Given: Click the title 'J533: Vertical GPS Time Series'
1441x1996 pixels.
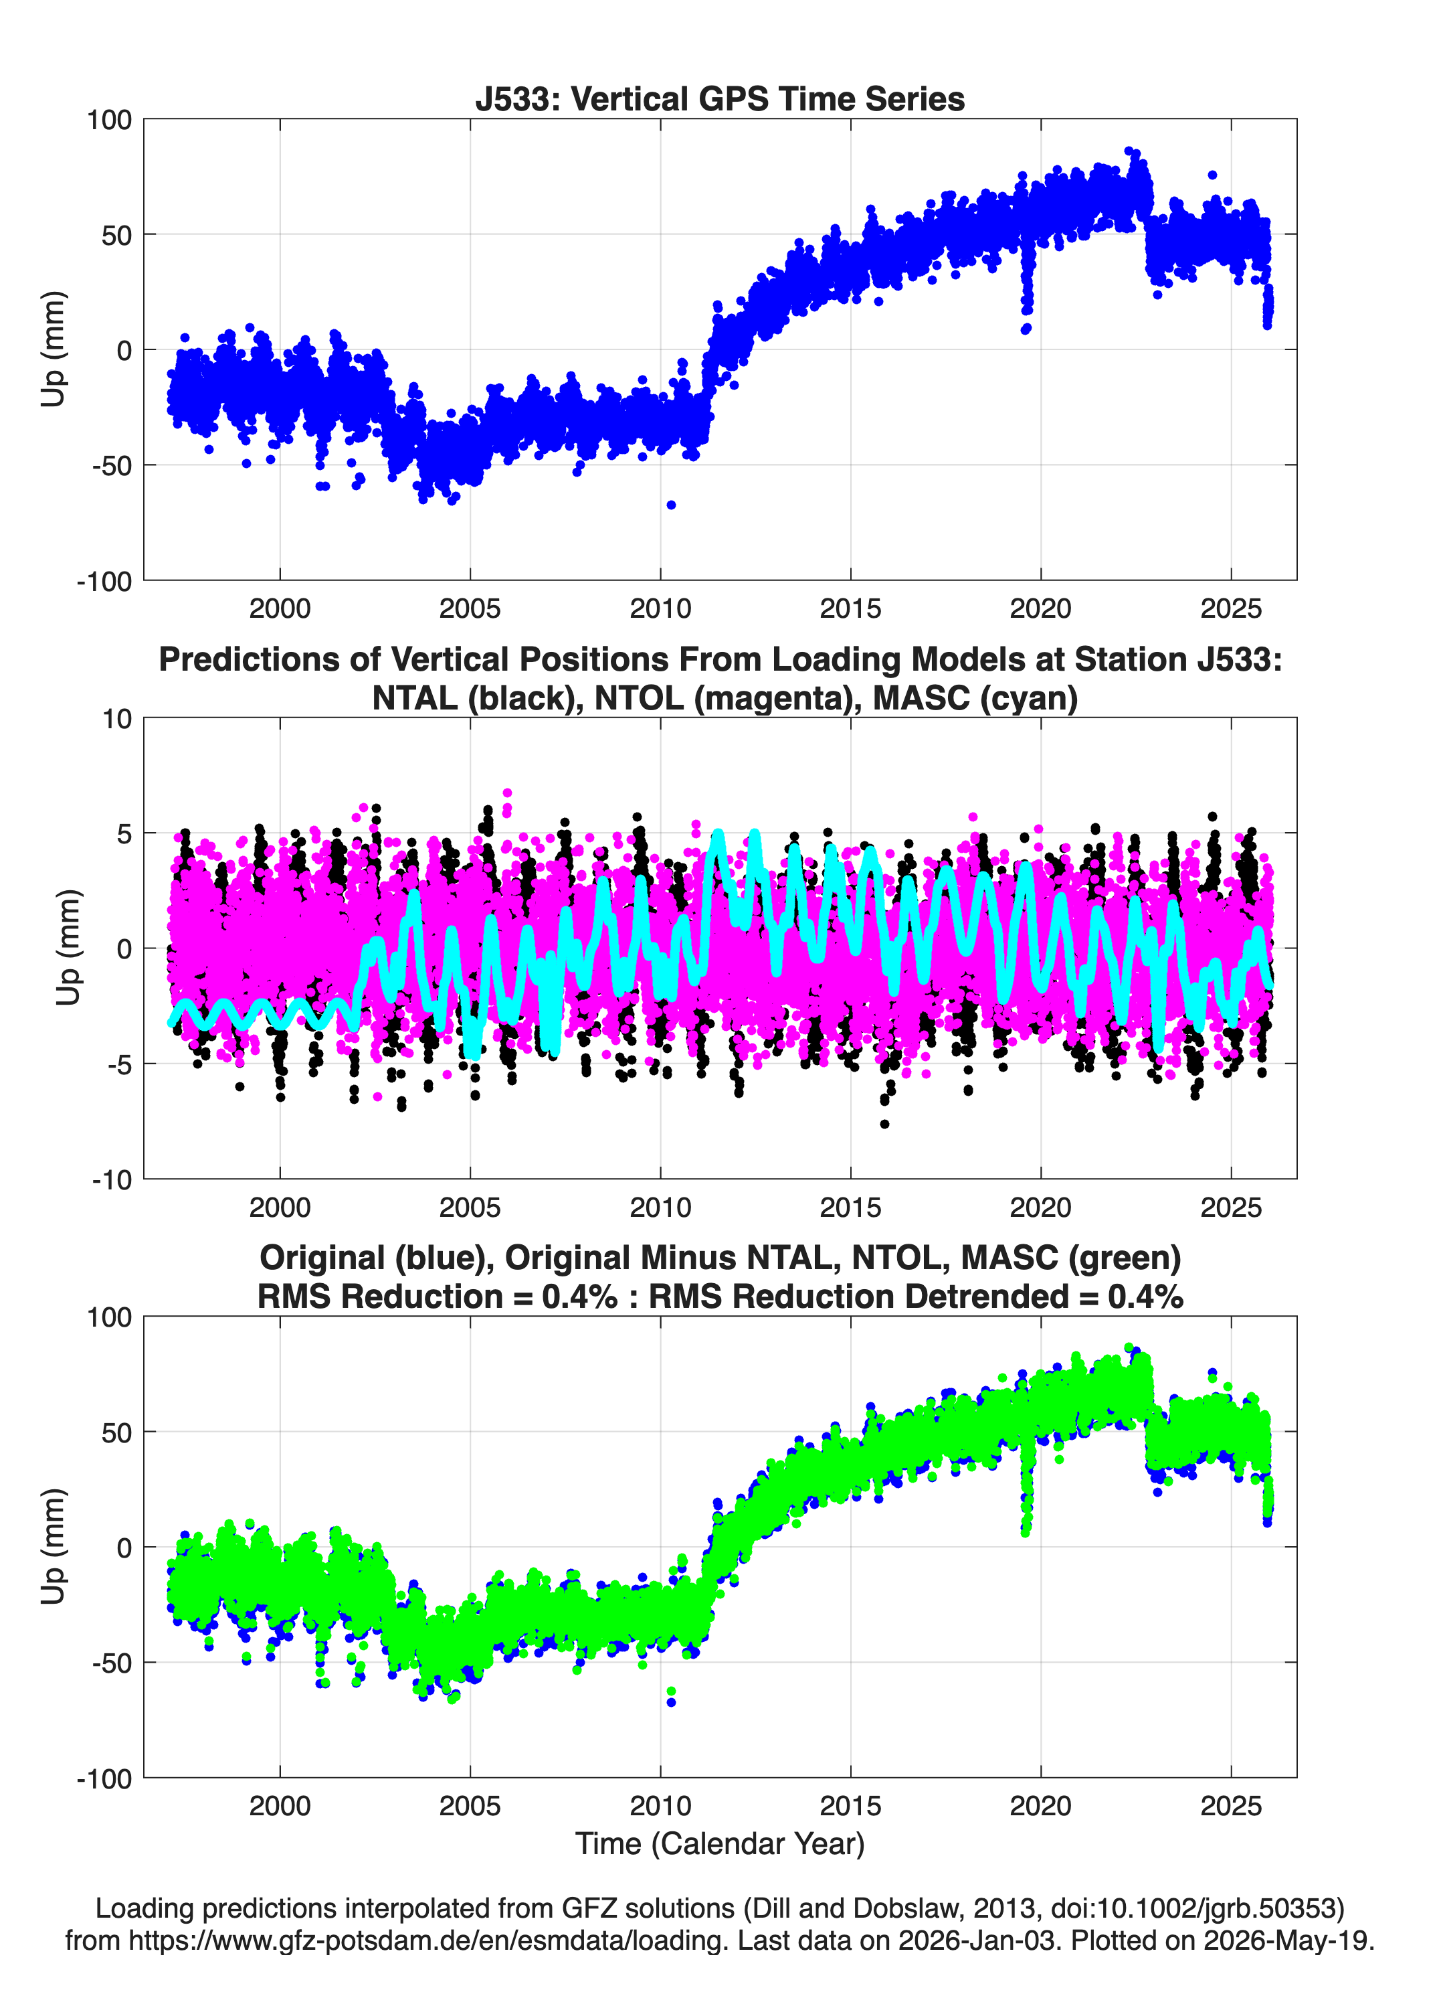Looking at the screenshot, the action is pos(720,98).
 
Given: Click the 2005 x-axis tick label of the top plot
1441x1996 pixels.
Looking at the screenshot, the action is pos(470,608).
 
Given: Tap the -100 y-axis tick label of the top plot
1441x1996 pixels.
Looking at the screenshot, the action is pos(104,582).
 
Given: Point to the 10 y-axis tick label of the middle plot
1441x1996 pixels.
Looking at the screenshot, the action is pos(117,719).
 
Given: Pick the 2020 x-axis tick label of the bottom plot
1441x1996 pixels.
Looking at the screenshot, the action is pos(1041,1807).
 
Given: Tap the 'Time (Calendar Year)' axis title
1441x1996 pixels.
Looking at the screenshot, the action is pos(720,1844).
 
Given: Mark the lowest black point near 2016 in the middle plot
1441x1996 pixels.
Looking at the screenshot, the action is pos(884,1124).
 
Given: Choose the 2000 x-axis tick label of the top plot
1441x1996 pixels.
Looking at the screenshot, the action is pos(280,608).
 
